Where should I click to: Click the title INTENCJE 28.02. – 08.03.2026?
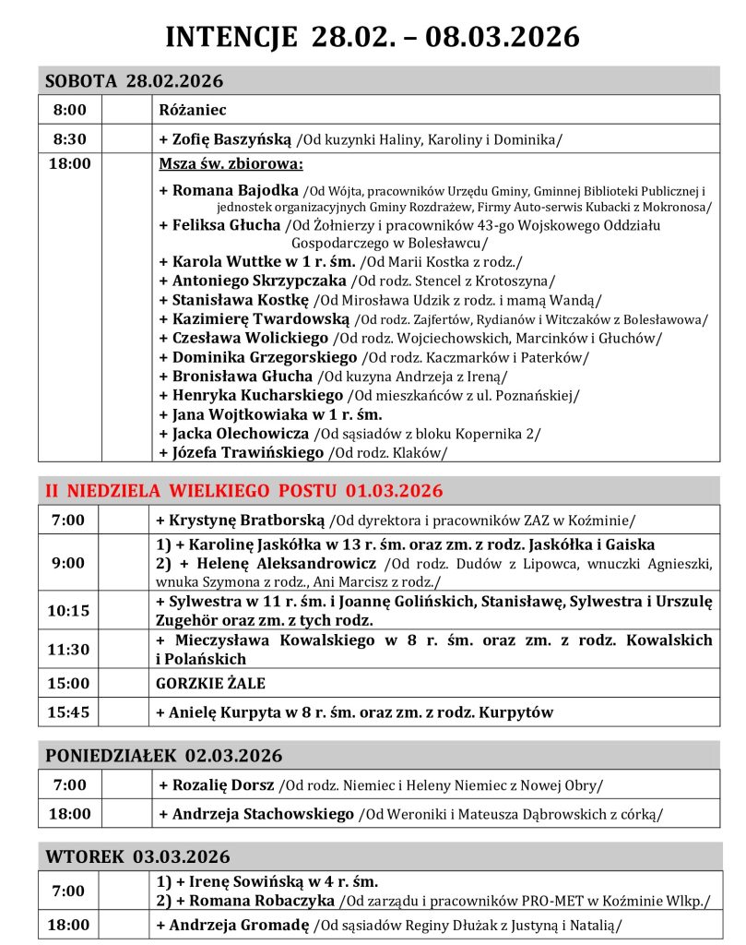pos(373,36)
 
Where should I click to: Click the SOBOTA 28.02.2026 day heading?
pos(134,81)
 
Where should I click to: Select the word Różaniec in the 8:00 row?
pos(186,110)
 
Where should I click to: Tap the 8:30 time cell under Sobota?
pos(69,138)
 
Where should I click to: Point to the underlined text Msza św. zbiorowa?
pos(231,166)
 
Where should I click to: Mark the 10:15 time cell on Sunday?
pos(69,610)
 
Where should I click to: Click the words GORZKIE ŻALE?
pos(211,683)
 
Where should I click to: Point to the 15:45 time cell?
pos(69,712)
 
